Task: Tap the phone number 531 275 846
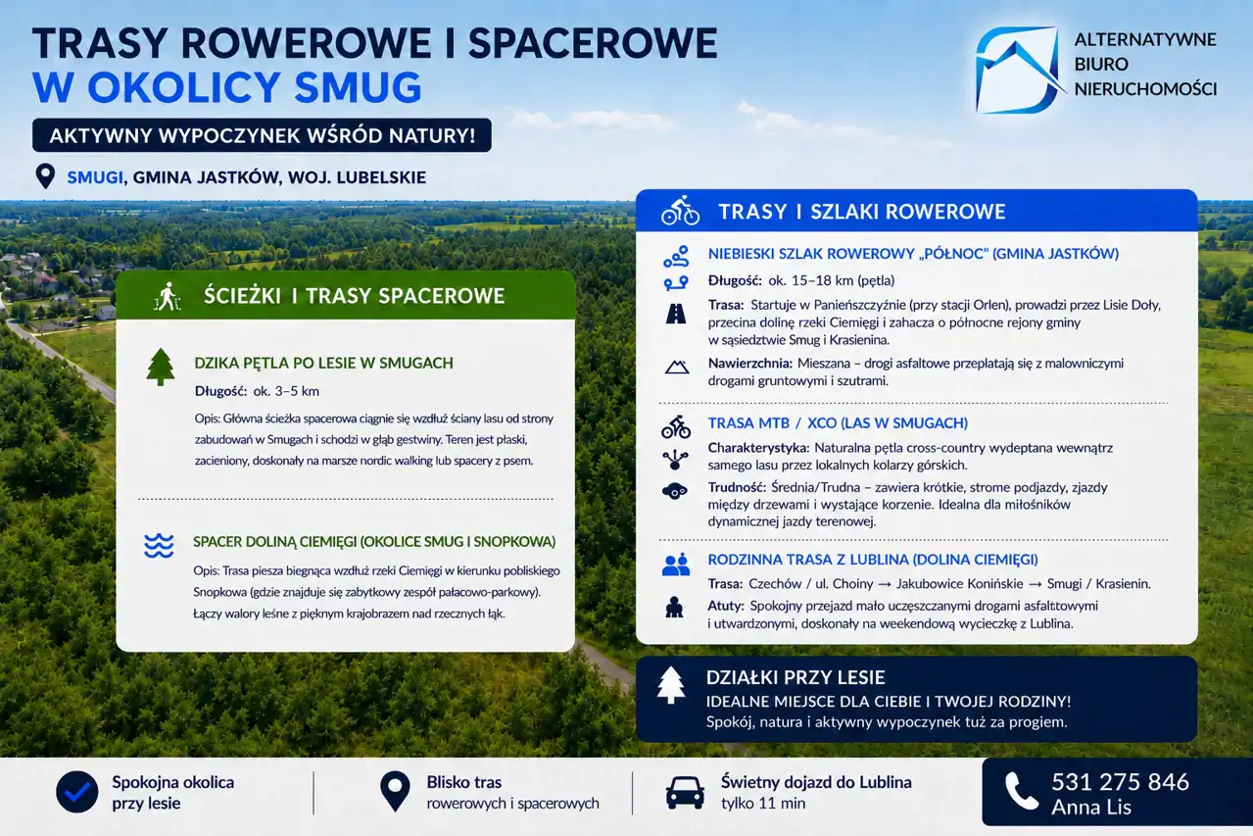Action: [1120, 782]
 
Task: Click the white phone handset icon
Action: [1022, 791]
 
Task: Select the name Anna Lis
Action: [1091, 807]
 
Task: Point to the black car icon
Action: [685, 792]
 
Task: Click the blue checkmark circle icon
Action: [77, 792]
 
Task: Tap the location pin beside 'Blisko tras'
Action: [395, 791]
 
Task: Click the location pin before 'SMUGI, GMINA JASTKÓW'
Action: [45, 176]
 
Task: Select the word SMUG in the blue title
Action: [358, 87]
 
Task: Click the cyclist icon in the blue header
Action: [680, 211]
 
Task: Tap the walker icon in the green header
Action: [167, 296]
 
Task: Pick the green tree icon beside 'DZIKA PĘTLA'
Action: [160, 368]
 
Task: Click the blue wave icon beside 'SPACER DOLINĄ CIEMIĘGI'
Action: [159, 546]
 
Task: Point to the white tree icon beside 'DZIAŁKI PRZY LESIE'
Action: [671, 685]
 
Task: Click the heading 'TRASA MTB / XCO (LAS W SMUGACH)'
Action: [838, 423]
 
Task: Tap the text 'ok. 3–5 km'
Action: [286, 391]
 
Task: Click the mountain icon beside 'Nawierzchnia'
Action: [676, 368]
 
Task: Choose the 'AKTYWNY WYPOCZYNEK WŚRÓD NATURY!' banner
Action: [262, 135]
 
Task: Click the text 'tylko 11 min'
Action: [763, 804]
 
